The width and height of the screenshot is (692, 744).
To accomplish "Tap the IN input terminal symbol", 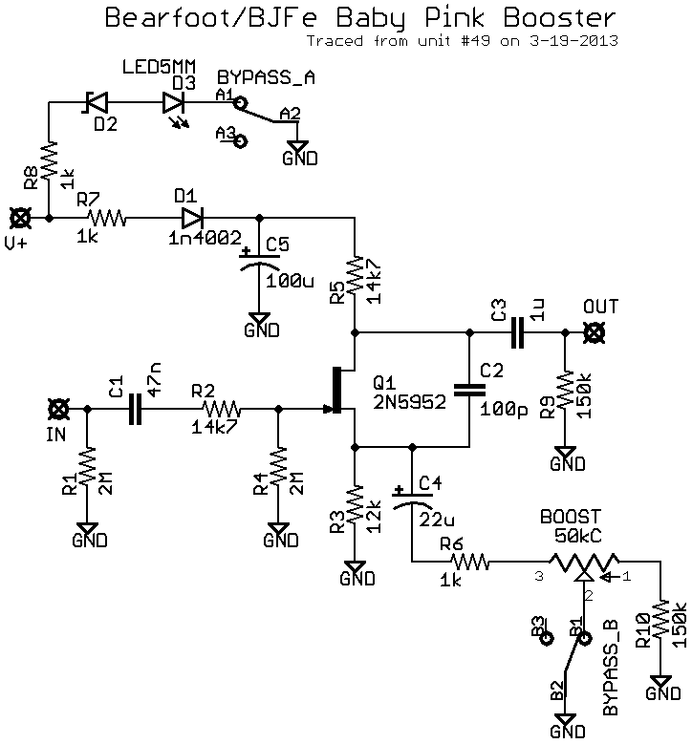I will pyautogui.click(x=59, y=410).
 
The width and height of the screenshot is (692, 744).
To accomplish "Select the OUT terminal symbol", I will pyautogui.click(x=595, y=332).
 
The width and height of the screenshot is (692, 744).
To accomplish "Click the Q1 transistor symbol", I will pyautogui.click(x=339, y=389).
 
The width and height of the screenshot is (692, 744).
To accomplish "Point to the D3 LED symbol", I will pyautogui.click(x=175, y=102).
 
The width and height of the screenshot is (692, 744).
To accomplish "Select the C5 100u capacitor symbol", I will pyautogui.click(x=258, y=260).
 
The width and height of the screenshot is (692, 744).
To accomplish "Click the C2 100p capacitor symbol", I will pyautogui.click(x=469, y=389).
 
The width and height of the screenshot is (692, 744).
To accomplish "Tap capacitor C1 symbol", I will pyautogui.click(x=135, y=410).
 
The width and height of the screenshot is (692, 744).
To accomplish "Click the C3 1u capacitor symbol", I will pyautogui.click(x=517, y=332).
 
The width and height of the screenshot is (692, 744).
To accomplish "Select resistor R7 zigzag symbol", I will pyautogui.click(x=103, y=218).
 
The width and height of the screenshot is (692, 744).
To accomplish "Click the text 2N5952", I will pyautogui.click(x=409, y=402).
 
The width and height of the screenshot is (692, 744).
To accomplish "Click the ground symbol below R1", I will pyautogui.click(x=87, y=529).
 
